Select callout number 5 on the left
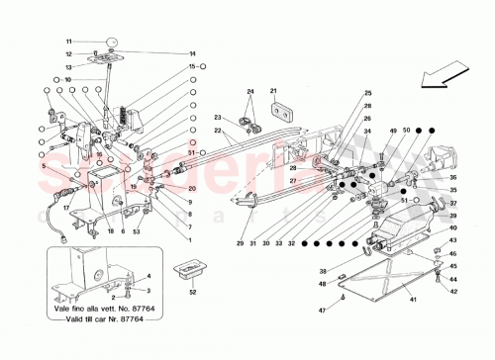(x=44, y=167)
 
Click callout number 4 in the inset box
(x=149, y=275)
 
